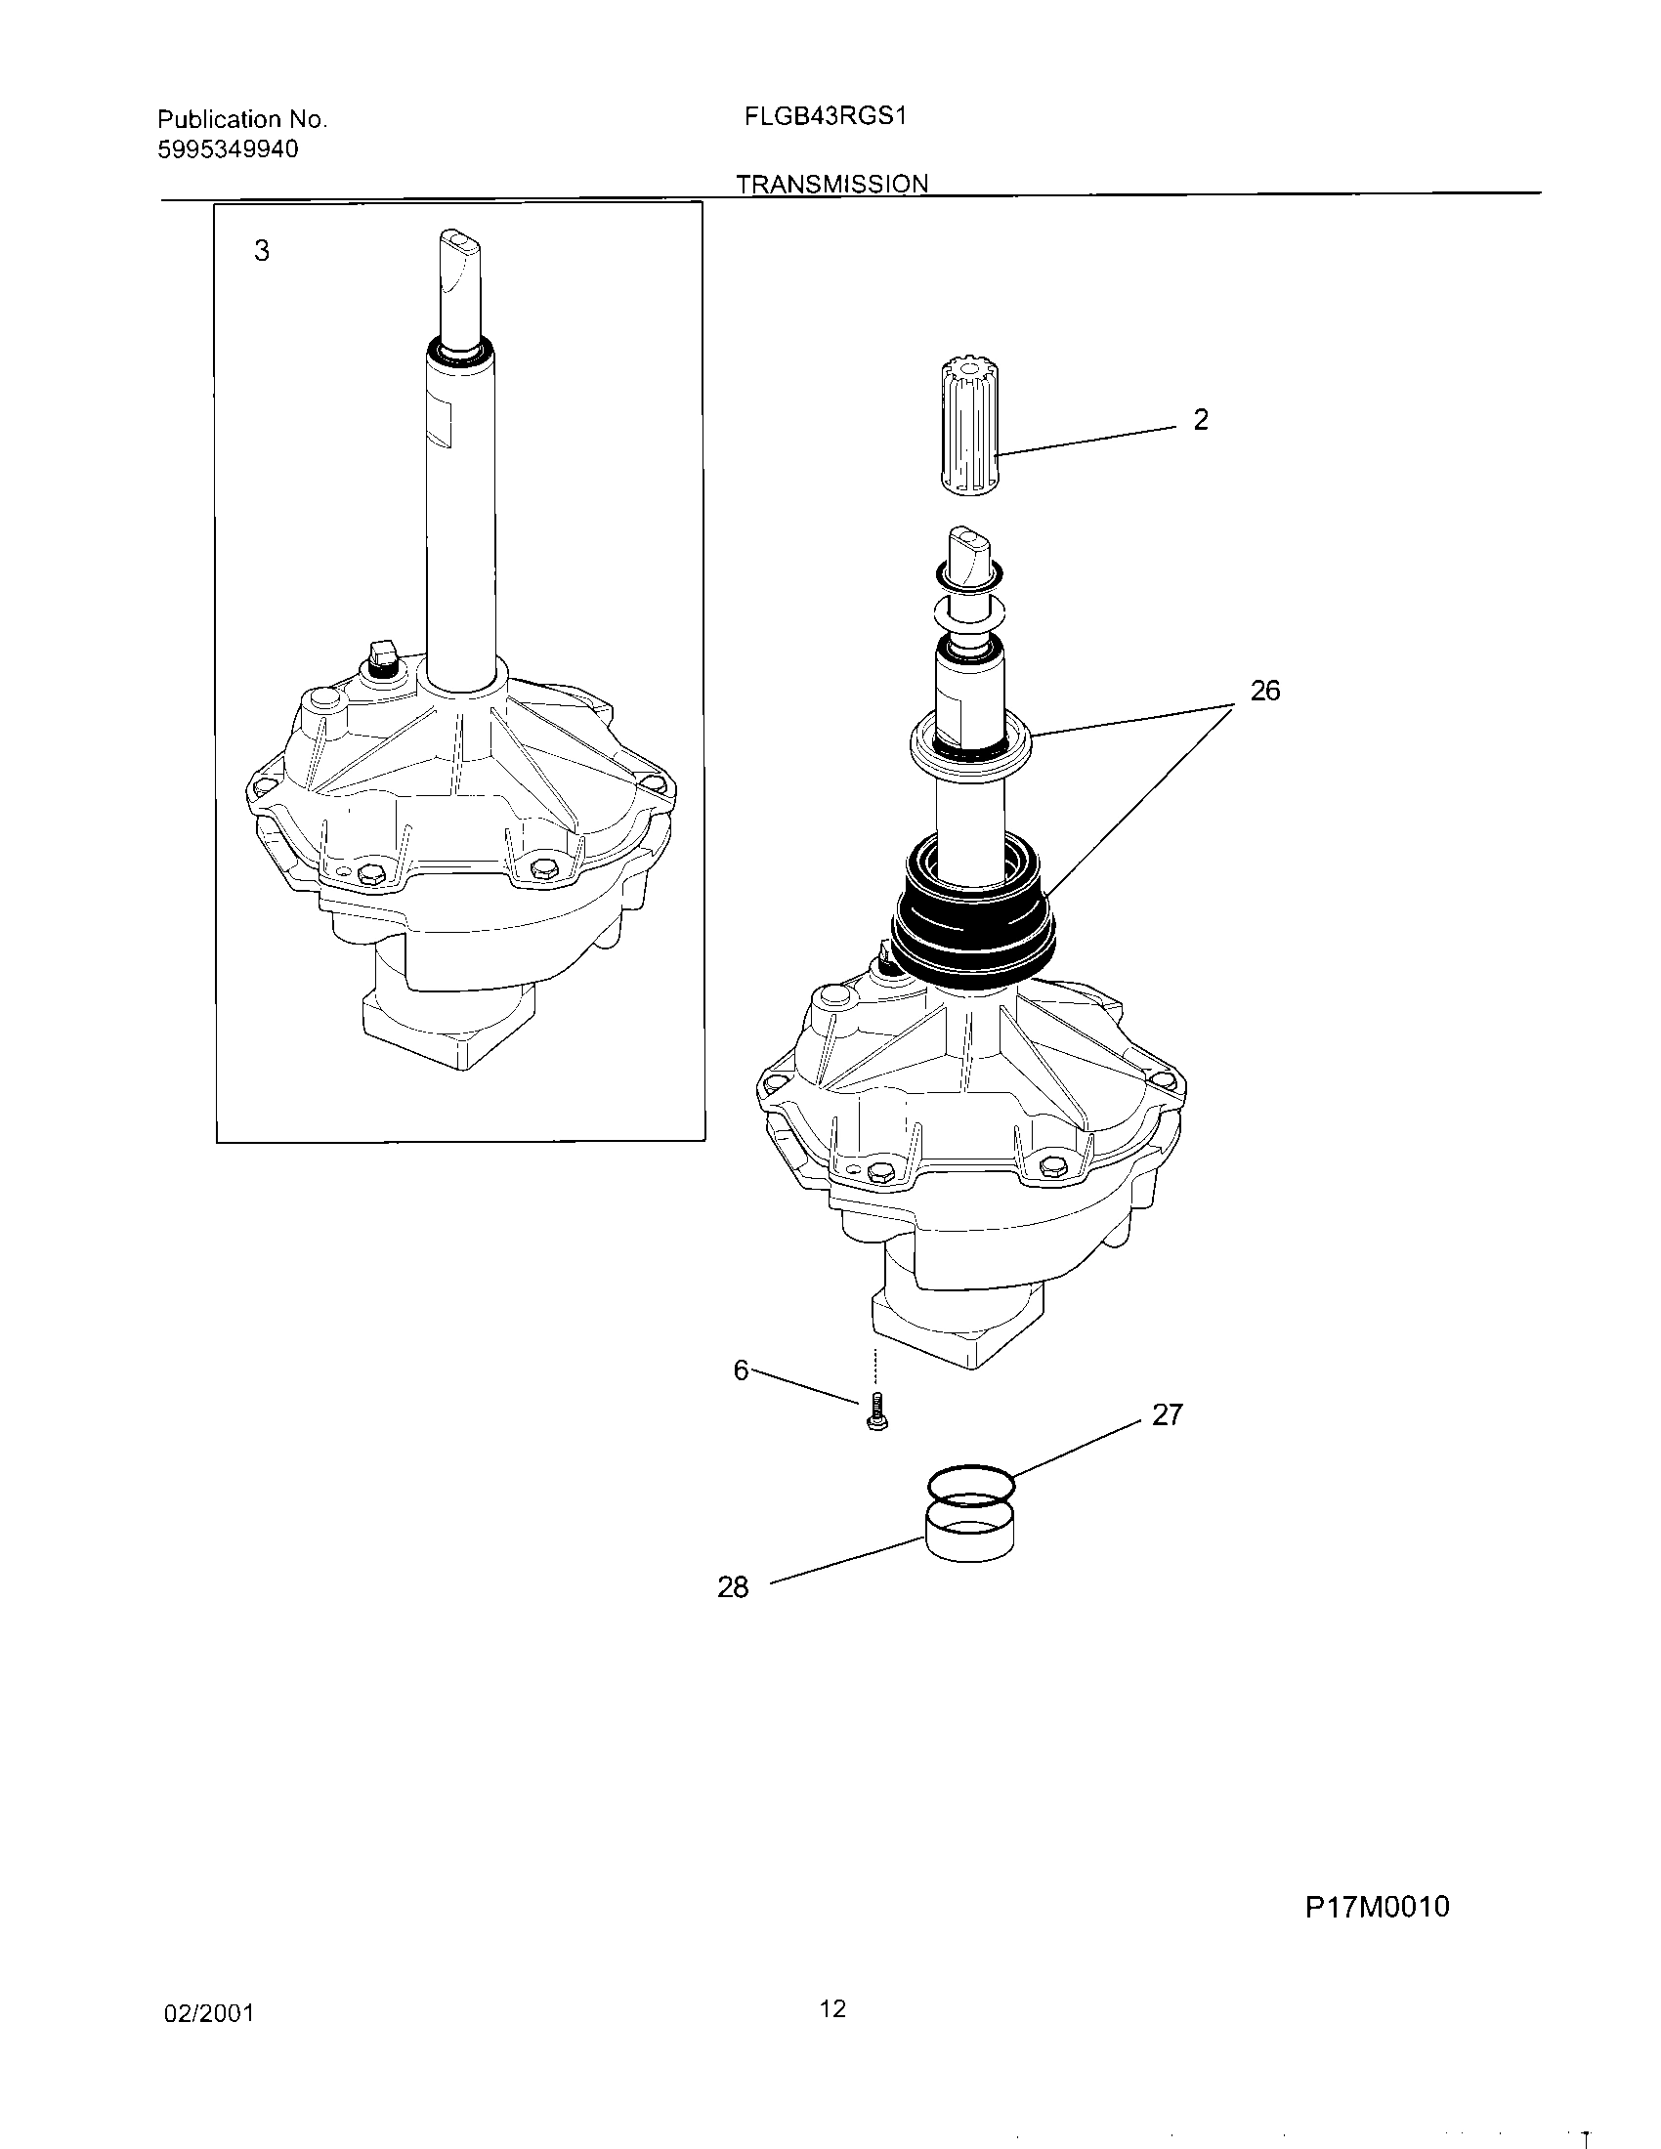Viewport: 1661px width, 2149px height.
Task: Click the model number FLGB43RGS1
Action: click(x=825, y=116)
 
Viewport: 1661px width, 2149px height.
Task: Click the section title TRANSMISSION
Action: click(x=831, y=184)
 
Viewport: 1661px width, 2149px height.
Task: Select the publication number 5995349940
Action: click(x=228, y=149)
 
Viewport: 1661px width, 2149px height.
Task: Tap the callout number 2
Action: click(x=1201, y=420)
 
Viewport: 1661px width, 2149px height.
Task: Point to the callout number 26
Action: click(x=1264, y=691)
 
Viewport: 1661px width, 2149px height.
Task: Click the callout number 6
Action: click(x=742, y=1369)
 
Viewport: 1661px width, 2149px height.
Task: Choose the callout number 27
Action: click(x=1166, y=1415)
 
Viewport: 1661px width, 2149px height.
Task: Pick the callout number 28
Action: click(x=733, y=1587)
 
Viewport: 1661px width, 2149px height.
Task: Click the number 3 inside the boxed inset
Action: click(x=261, y=251)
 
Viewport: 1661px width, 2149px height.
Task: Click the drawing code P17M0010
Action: click(x=1377, y=1907)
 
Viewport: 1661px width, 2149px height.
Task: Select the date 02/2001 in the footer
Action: click(x=209, y=2013)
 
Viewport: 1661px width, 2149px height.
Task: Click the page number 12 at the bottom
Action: click(x=832, y=2008)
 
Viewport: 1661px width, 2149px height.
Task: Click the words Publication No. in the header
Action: click(x=242, y=120)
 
